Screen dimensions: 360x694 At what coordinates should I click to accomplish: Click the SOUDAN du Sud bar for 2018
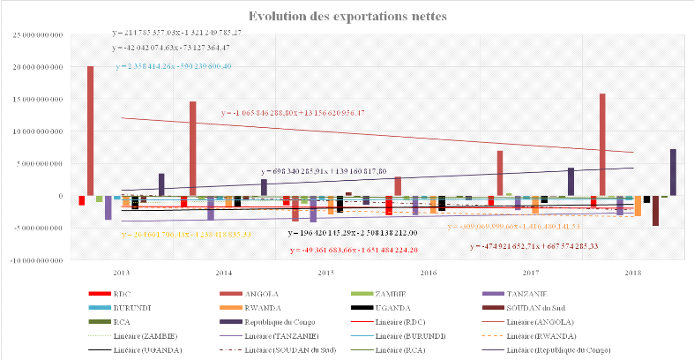(x=655, y=211)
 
